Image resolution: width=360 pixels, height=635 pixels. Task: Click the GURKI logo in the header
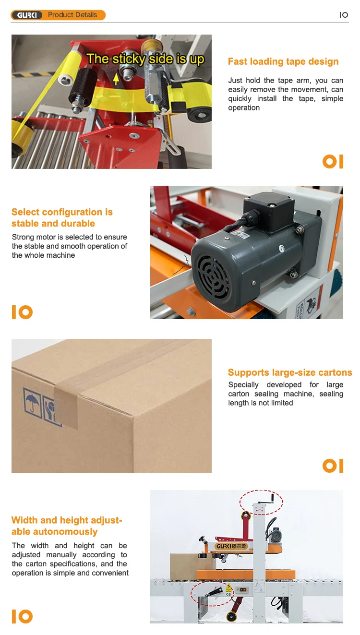coord(27,15)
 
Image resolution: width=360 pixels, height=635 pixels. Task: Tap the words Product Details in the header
coord(72,15)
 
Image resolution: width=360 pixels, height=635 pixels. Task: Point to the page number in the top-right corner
coord(344,15)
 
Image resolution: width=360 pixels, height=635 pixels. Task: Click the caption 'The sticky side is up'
coord(145,59)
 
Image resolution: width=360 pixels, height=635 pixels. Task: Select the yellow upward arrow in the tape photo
coord(116,78)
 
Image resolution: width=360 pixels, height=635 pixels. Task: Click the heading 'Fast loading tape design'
coord(283,61)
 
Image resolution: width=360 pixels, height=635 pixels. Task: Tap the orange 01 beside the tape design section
coord(333,161)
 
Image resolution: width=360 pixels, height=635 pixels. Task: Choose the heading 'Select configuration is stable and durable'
coord(62,217)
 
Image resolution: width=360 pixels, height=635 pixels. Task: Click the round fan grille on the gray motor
coord(211,276)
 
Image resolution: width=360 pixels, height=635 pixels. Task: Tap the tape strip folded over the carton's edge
coord(66,406)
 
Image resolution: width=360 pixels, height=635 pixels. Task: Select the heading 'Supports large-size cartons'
coord(290,372)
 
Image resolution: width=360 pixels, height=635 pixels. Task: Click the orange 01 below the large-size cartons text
coord(333,466)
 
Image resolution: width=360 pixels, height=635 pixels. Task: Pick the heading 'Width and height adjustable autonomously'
coord(67,526)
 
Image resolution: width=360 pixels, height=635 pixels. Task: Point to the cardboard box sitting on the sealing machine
coord(184,562)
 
